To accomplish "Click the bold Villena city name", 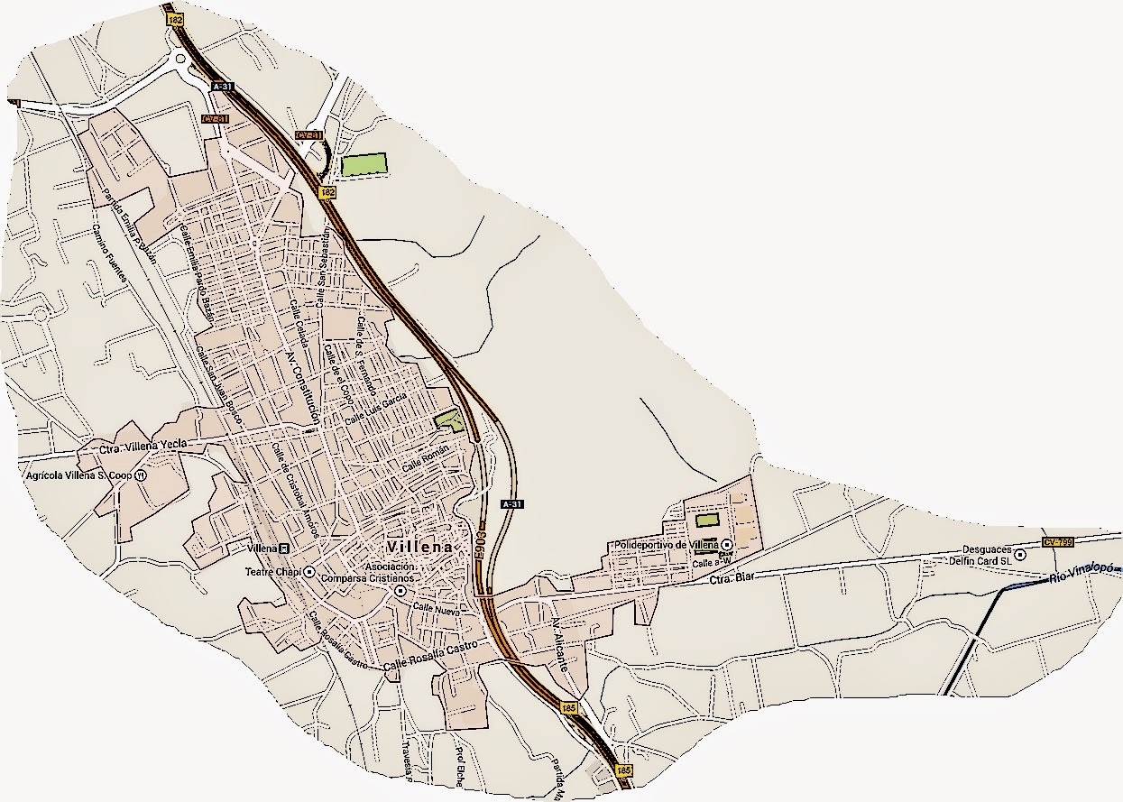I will point(418,548).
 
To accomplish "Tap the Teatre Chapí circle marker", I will point(308,571).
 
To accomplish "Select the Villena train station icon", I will point(285,548).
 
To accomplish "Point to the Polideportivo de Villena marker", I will point(726,545).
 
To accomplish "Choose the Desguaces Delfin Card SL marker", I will point(1020,554).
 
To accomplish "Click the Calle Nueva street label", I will point(437,611).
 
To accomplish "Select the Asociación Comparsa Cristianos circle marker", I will point(400,590).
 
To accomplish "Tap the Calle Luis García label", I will point(377,409).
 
